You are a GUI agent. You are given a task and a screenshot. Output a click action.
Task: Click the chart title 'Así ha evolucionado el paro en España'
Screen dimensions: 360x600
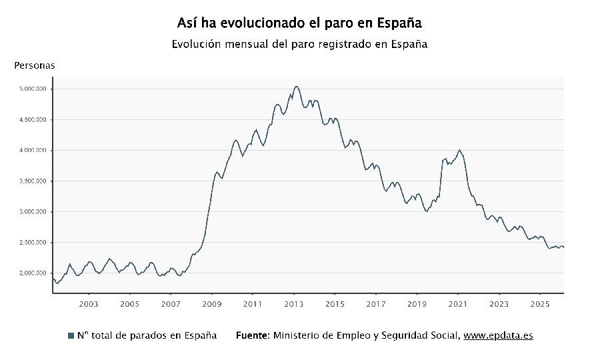pos(299,23)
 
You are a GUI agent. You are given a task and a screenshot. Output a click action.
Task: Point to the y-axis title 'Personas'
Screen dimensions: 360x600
pos(35,65)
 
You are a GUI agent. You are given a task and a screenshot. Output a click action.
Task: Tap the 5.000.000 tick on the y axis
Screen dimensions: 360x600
pos(33,89)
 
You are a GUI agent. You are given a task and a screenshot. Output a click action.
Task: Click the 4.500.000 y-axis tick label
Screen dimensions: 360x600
pos(33,119)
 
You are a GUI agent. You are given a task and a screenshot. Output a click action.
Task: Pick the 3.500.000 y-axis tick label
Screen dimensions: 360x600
pos(33,181)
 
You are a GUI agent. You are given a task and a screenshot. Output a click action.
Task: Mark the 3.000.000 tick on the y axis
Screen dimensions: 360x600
pos(33,211)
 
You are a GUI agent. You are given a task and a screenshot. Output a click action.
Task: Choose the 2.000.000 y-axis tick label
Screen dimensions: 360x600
pos(33,273)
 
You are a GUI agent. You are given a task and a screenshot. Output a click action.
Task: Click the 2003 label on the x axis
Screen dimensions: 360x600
pos(89,304)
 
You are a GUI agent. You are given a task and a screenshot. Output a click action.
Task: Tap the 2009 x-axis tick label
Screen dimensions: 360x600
pos(212,304)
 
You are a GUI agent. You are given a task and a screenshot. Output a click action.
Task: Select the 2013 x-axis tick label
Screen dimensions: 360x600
pos(294,304)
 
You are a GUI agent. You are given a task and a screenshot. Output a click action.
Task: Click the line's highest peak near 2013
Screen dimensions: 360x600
pos(297,87)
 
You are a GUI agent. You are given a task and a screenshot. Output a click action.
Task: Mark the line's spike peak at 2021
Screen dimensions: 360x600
pos(460,150)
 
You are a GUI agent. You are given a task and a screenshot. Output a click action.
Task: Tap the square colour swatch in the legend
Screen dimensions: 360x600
pos(71,335)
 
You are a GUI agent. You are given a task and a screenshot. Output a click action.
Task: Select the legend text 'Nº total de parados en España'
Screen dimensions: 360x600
pos(147,335)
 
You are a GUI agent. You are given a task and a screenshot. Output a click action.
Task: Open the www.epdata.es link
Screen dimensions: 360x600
pos(498,335)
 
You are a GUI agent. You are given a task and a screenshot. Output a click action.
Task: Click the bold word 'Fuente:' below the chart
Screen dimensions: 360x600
pos(253,335)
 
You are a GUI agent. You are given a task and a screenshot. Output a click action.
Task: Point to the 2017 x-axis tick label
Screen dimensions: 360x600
pos(376,304)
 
